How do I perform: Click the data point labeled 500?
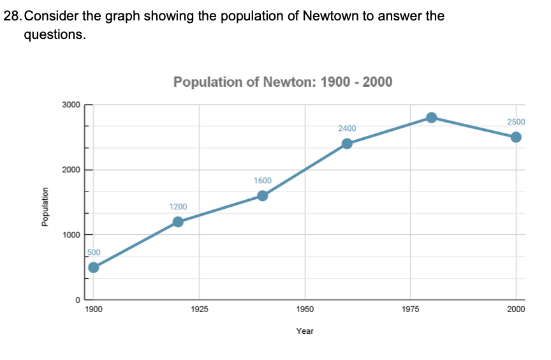point(94,267)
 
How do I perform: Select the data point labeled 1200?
point(178,221)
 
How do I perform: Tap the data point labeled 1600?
point(262,195)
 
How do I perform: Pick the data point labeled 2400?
point(347,144)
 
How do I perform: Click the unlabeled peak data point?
point(431,117)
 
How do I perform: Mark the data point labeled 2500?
point(516,137)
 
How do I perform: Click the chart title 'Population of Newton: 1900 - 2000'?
point(283,82)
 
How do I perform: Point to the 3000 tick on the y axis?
point(71,105)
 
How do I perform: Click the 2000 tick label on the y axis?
point(71,170)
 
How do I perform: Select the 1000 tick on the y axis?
point(71,235)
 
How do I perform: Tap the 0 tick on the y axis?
point(77,299)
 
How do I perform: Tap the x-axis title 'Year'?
point(305,331)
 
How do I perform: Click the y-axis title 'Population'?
point(45,206)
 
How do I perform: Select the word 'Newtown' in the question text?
point(328,16)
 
